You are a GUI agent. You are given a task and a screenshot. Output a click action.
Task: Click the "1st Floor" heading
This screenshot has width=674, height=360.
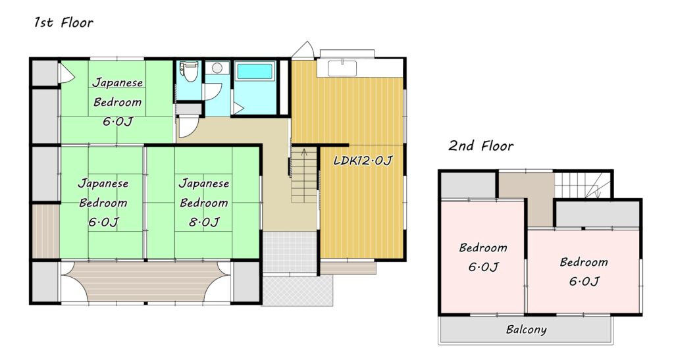tap(64, 22)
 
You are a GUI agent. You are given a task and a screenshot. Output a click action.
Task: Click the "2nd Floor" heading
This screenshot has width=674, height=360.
tap(481, 145)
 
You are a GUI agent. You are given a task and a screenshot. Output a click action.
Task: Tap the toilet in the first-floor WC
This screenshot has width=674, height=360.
tap(189, 71)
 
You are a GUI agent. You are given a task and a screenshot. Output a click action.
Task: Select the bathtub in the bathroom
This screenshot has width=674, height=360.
tap(255, 71)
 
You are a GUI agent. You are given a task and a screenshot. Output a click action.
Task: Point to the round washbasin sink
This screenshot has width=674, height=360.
tap(217, 68)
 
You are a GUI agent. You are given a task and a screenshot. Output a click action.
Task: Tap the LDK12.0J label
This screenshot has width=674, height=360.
tap(363, 161)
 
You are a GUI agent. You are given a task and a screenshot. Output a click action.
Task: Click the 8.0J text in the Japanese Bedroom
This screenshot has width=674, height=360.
tap(204, 222)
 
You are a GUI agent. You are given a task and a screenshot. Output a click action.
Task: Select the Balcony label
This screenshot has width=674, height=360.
tap(526, 330)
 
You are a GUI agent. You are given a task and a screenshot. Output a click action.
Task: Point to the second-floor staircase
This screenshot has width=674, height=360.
tap(583, 185)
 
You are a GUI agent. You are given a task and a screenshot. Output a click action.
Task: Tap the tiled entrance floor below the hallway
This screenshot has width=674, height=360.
tap(290, 252)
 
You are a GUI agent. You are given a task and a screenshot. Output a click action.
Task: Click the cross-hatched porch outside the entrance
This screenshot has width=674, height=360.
tap(298, 290)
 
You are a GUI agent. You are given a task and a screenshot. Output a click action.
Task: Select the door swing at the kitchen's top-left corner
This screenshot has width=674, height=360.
tap(304, 50)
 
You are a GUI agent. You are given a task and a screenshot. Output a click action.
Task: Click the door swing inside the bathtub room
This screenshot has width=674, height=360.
tap(238, 108)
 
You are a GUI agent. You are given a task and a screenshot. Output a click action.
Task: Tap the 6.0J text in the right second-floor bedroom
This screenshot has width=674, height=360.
tap(584, 282)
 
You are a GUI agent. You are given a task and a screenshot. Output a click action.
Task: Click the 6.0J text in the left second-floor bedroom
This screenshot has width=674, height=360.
tap(483, 267)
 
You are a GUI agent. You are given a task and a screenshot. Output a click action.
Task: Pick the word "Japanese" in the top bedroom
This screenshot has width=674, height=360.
tap(118, 82)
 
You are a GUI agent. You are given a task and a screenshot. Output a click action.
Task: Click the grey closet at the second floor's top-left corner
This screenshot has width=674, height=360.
tap(469, 186)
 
